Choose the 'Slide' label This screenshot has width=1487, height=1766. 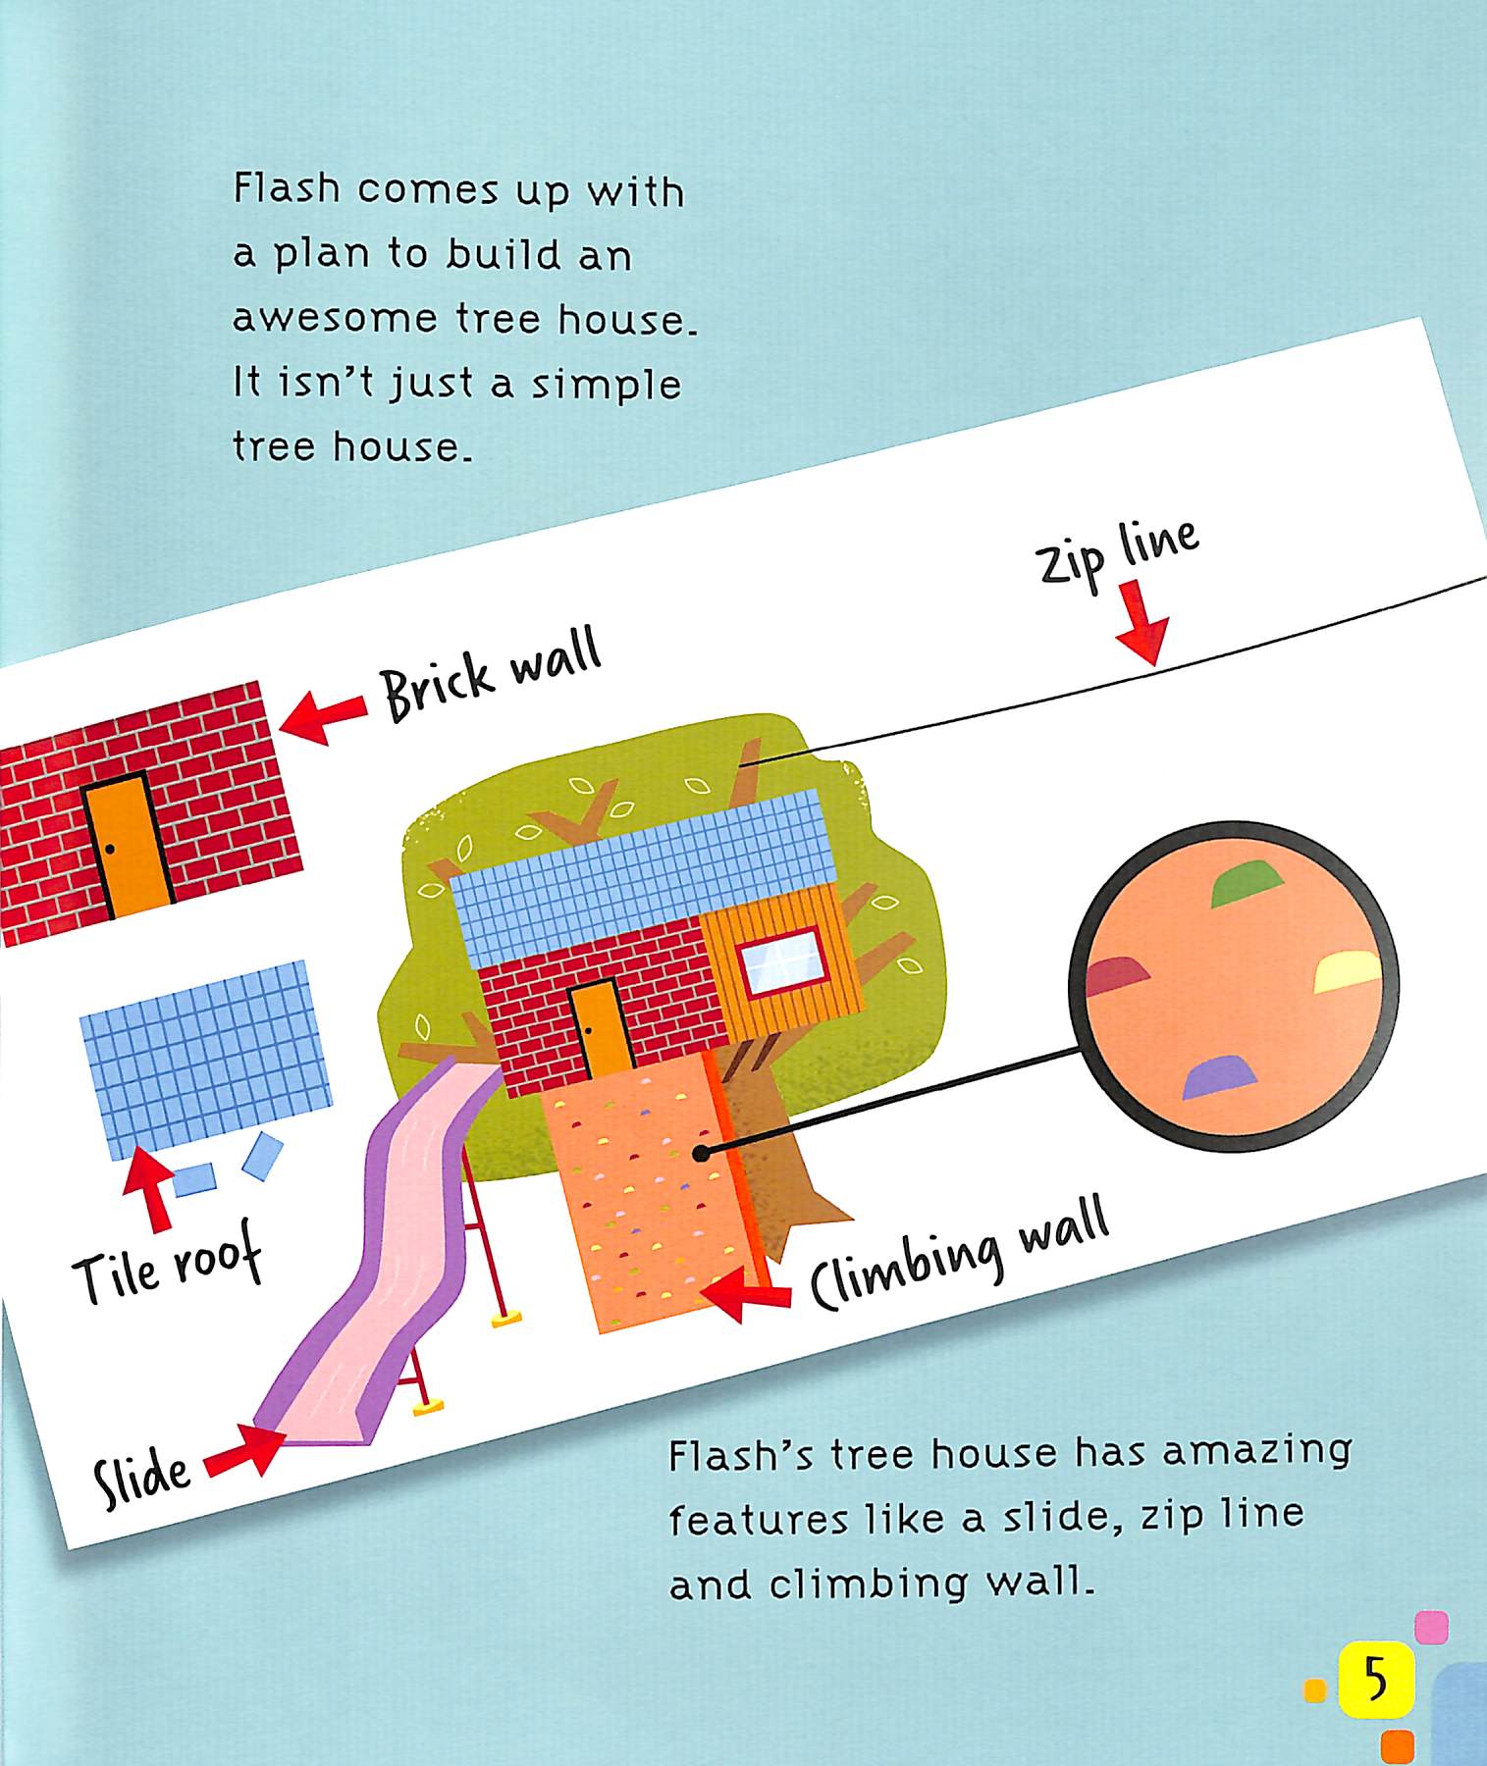click(x=142, y=1480)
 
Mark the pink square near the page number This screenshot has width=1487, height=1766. click(x=1431, y=1627)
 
